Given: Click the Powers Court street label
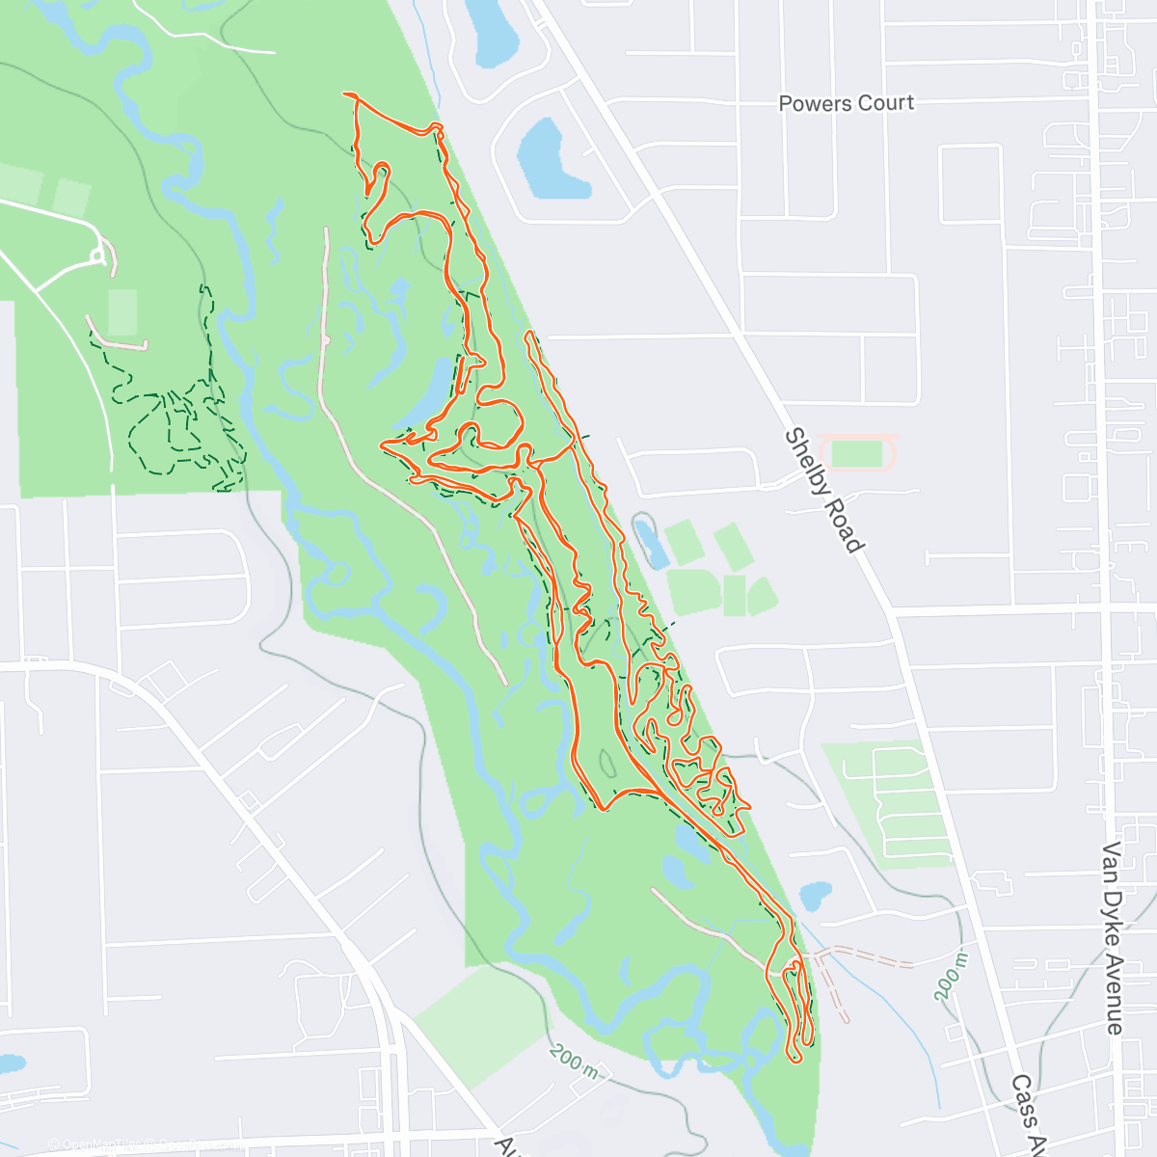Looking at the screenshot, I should tap(846, 102).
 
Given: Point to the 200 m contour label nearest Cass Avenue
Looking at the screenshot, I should tap(950, 976).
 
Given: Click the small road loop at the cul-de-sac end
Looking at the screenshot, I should tap(97, 256).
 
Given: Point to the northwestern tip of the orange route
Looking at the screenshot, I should tap(345, 94).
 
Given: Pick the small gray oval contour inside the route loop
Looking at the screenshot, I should tap(608, 764).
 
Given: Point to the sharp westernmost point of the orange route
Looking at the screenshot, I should tap(383, 445).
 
